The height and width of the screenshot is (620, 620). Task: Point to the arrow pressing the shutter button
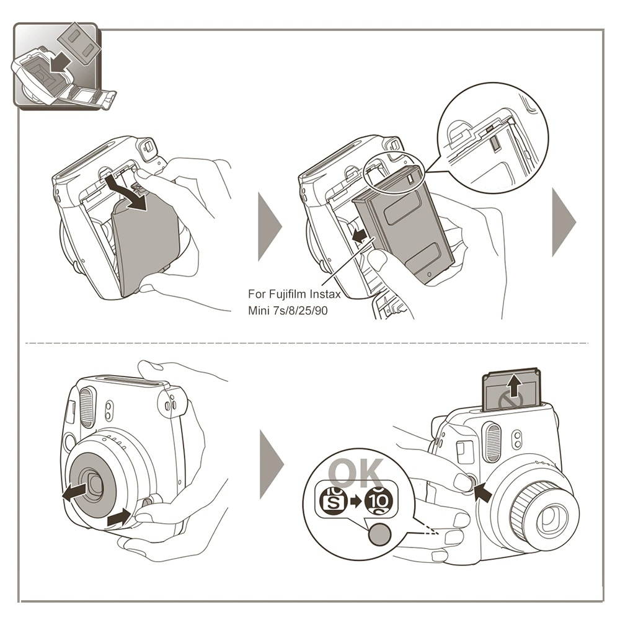[482, 493]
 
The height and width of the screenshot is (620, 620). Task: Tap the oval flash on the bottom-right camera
[493, 443]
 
